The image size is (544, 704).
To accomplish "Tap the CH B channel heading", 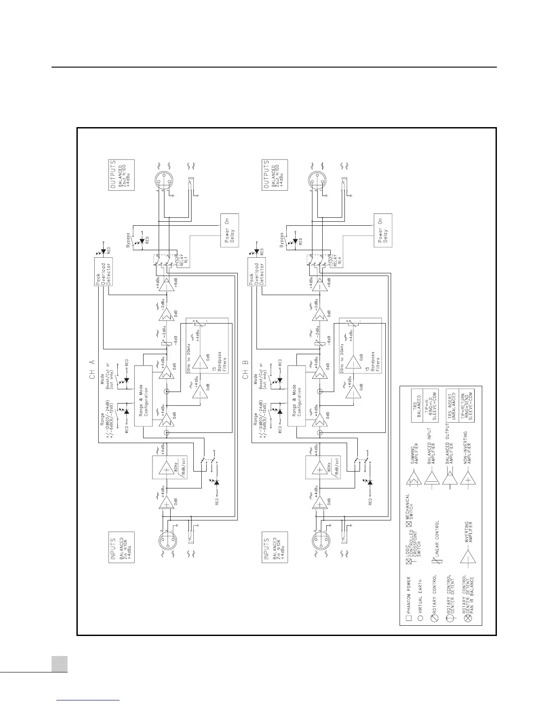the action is click(x=246, y=368).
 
